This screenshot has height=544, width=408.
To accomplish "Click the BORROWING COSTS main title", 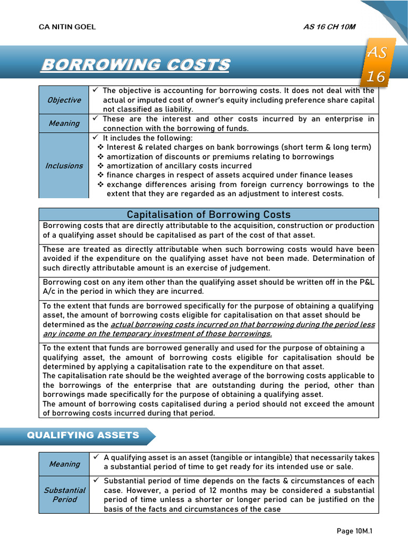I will tap(135, 65).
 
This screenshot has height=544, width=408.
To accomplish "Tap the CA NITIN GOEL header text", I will tap(67, 27).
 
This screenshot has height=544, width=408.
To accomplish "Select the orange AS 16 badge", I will tap(377, 64).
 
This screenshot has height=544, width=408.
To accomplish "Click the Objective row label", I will tap(64, 100).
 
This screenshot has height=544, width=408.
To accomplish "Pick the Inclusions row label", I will tap(64, 166).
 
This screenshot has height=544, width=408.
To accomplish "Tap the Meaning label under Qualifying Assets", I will tap(64, 464).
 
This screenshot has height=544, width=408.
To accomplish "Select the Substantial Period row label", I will tap(64, 495).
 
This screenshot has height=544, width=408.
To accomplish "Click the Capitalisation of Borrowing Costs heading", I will tap(209, 215).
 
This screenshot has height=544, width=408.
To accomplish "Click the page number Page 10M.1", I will tap(358, 531).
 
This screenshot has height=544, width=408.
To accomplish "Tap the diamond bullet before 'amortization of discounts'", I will tap(100, 157).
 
